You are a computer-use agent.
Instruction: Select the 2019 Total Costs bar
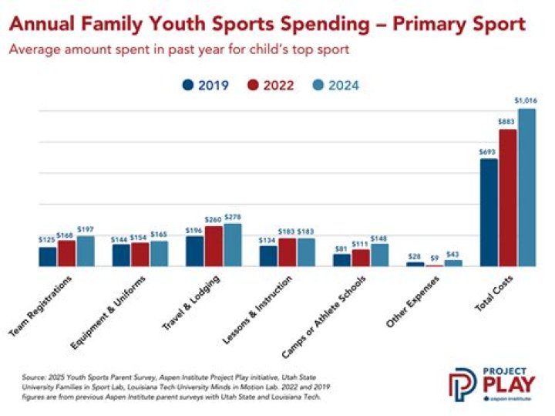[489, 213]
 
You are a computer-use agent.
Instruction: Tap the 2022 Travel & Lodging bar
[214, 246]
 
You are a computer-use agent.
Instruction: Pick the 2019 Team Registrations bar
[48, 256]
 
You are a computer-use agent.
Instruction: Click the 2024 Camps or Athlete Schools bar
[379, 255]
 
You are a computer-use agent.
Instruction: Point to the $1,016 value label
[526, 101]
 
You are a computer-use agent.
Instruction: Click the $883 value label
[507, 122]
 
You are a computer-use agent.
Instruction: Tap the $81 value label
[341, 248]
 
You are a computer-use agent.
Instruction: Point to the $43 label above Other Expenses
[453, 254]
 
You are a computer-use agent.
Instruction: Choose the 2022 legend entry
[271, 86]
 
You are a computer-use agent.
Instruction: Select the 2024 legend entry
[336, 86]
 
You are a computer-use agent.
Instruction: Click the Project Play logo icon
[463, 383]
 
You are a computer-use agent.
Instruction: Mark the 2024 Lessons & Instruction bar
[306, 252]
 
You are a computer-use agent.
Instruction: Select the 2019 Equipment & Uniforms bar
[121, 255]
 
